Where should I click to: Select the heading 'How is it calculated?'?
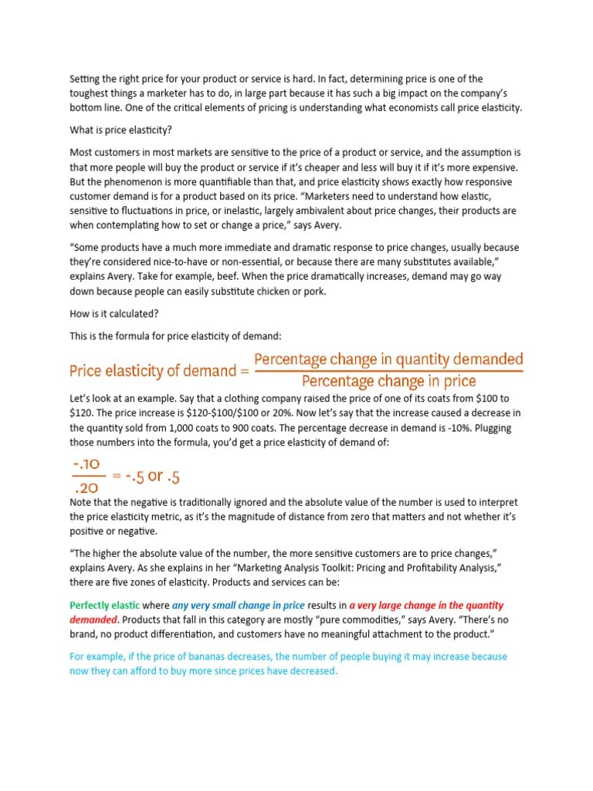115,314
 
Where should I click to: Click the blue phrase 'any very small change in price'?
238,605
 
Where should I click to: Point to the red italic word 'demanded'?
93,620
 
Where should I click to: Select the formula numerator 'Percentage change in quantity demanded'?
388,360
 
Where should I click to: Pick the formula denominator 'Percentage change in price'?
388,382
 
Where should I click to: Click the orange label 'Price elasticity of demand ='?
160,371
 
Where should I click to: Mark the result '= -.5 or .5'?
146,476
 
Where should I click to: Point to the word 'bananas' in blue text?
191,657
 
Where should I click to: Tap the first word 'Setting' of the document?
86,78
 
